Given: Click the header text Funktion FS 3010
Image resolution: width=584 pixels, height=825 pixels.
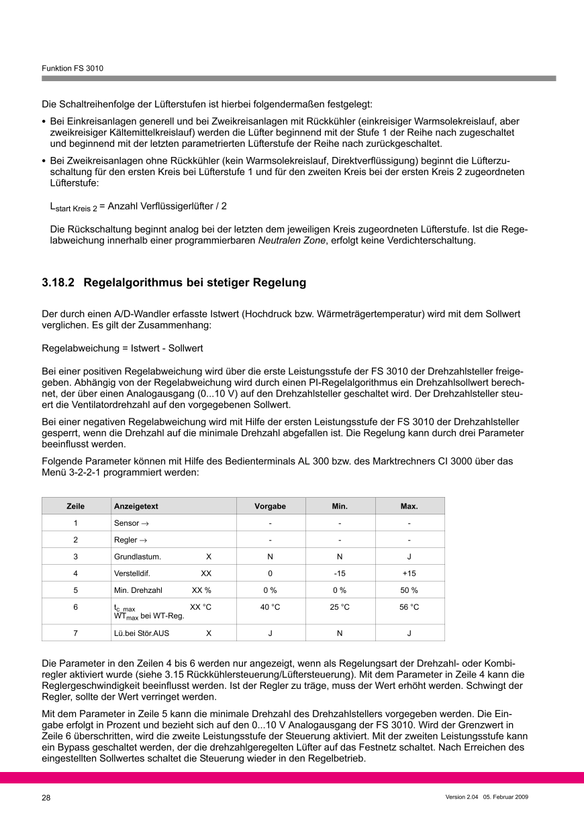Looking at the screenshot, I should (x=72, y=68).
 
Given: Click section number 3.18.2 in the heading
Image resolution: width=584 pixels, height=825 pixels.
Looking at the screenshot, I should (x=58, y=283).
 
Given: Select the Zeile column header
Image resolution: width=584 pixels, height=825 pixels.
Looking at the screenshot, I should (x=76, y=506).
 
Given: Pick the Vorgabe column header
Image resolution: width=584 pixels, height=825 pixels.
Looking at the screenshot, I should (x=270, y=506).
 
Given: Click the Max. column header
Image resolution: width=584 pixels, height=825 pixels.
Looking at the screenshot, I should (x=409, y=506).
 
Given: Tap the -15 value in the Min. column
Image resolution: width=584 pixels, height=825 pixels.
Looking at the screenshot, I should (x=340, y=573).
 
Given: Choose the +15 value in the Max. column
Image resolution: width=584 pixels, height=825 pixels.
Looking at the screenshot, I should (x=409, y=573).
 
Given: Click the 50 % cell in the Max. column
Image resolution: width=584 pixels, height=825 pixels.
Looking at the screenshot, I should (x=409, y=590).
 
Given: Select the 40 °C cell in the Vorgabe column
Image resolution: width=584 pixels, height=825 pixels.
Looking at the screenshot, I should (x=270, y=607).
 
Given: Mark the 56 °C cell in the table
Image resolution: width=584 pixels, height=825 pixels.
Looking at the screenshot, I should (x=409, y=607).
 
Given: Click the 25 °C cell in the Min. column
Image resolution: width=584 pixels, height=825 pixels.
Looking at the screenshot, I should (x=340, y=607).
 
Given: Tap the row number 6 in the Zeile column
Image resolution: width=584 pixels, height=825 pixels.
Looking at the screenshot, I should (x=76, y=607).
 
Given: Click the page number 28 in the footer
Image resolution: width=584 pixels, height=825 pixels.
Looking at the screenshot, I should (x=46, y=798).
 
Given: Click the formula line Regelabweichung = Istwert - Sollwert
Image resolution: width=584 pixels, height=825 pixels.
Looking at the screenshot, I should (x=122, y=349).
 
